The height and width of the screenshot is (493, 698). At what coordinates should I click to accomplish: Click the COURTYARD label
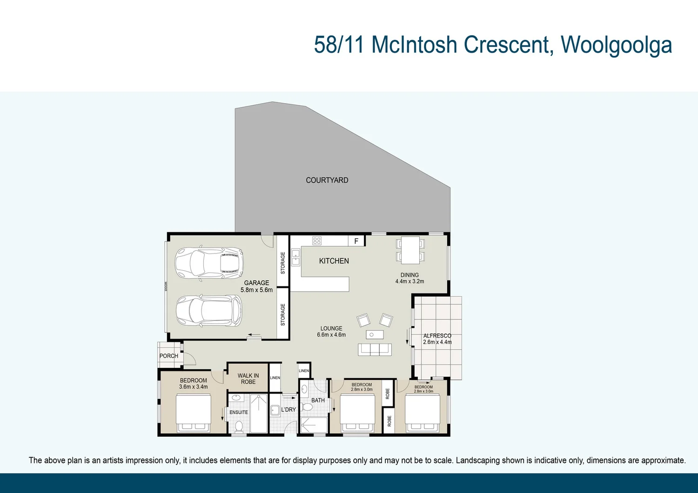(x=327, y=180)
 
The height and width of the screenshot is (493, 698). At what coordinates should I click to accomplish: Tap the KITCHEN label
(x=334, y=261)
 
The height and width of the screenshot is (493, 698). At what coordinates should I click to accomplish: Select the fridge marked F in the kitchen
(x=356, y=241)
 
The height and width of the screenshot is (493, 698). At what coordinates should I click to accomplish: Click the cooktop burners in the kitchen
(x=317, y=241)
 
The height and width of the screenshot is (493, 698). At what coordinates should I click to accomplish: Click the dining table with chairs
(x=410, y=250)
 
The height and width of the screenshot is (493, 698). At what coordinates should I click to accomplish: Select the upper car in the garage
(x=209, y=264)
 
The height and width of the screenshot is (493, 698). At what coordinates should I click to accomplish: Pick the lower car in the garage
(x=208, y=311)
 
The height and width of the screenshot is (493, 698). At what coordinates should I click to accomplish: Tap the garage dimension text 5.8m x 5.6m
(x=256, y=290)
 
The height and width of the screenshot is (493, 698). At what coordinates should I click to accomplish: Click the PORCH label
(x=168, y=356)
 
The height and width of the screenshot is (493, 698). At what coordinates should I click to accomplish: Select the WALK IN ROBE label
(x=248, y=379)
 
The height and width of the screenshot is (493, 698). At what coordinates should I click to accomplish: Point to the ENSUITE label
(x=238, y=412)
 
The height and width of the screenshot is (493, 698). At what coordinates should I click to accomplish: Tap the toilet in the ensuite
(x=239, y=426)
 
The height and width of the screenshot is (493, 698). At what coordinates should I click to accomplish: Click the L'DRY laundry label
(x=289, y=410)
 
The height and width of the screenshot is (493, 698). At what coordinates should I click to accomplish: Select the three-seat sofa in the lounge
(x=375, y=349)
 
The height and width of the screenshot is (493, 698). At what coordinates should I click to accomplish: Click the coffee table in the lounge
(x=375, y=334)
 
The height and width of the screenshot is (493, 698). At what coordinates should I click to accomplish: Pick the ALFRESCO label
(x=437, y=335)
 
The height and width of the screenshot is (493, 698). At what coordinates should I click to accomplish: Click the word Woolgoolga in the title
(x=616, y=45)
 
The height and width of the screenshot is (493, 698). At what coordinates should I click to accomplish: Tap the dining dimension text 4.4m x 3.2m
(x=409, y=281)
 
